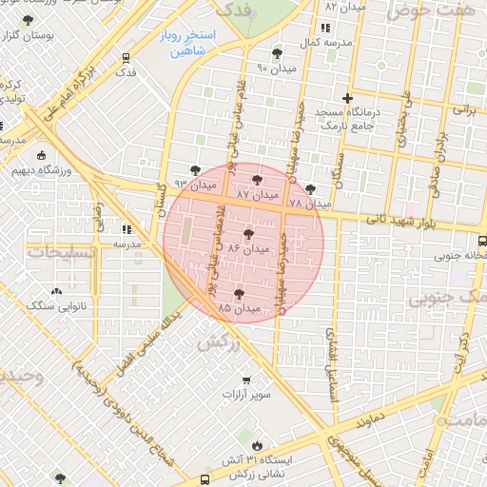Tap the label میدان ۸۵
point(239,308)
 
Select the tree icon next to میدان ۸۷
point(256,178)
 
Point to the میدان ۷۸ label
point(309,204)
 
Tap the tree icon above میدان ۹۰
point(277,53)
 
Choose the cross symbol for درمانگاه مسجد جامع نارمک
point(348,98)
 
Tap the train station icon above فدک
point(126,57)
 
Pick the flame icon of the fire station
point(257,444)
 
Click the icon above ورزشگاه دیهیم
point(40,156)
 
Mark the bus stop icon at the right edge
point(481,241)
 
